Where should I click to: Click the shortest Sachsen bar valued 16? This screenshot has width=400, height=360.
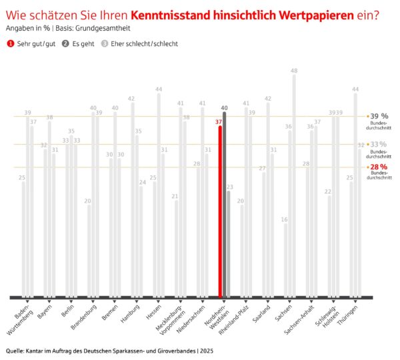click(x=286, y=260)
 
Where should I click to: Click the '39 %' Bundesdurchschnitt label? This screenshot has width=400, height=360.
click(x=379, y=116)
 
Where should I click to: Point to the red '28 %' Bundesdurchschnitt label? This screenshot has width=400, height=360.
click(x=379, y=167)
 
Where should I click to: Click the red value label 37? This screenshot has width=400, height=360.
click(x=219, y=122)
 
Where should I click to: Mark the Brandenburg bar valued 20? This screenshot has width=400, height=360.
click(x=89, y=250)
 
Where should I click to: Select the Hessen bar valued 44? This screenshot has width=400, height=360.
click(x=159, y=193)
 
